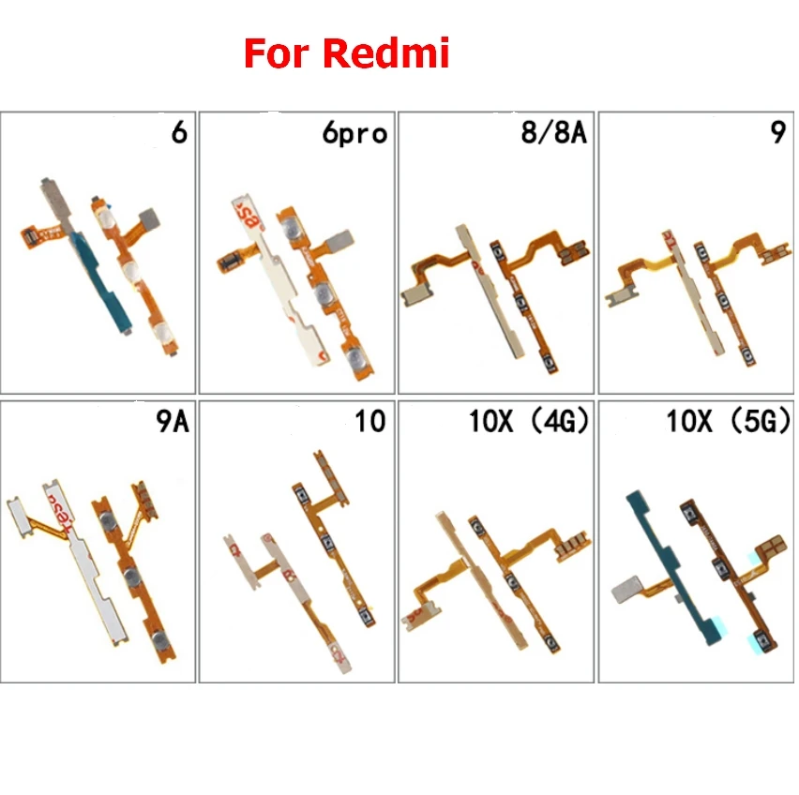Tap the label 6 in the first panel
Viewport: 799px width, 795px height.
(x=178, y=132)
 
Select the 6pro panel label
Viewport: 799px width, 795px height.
(x=352, y=134)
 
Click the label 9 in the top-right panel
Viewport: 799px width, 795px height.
(x=777, y=132)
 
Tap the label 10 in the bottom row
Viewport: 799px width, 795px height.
(x=371, y=421)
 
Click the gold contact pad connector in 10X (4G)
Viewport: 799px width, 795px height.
(x=567, y=546)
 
